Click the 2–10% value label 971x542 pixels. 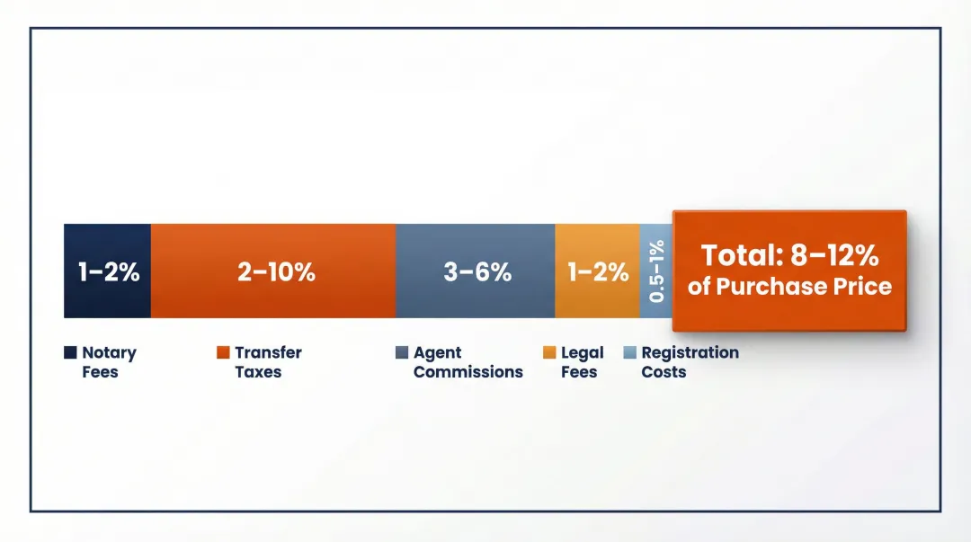coord(276,272)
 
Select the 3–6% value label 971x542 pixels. coord(477,272)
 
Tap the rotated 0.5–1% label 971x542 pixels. coord(657,271)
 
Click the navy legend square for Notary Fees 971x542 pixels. coord(70,353)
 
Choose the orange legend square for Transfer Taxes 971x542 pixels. coord(223,353)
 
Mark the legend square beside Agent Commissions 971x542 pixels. coord(402,353)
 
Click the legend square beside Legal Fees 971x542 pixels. coord(549,353)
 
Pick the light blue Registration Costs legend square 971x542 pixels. coord(629,353)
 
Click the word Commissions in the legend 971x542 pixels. coord(468,372)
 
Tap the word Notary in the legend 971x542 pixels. coord(109,352)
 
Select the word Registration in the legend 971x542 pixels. coord(690,352)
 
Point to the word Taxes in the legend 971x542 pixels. coord(258,372)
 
